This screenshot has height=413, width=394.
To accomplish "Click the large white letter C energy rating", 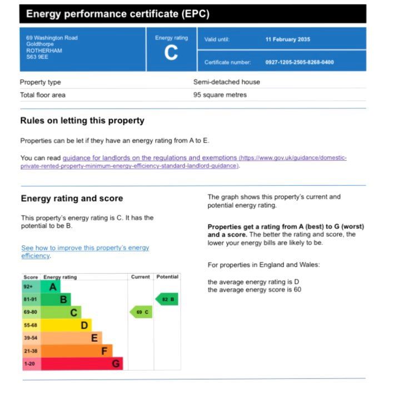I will [x=171, y=53].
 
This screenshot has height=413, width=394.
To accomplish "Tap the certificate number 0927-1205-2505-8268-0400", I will [x=300, y=62].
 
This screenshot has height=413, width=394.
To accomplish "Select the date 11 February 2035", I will [x=288, y=40].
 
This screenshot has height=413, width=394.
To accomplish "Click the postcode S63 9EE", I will [x=37, y=57].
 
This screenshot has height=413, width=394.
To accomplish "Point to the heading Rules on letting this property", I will [x=82, y=121].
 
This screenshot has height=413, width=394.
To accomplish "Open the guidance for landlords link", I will [x=150, y=158].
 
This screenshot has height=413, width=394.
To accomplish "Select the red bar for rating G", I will [x=81, y=363].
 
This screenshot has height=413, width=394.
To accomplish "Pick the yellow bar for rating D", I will [x=66, y=325].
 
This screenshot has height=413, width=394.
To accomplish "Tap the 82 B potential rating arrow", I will [x=167, y=299].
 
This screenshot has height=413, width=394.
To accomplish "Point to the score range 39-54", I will [x=31, y=338].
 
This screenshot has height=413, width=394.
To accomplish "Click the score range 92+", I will [x=28, y=287].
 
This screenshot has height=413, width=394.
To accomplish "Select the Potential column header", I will [x=167, y=277].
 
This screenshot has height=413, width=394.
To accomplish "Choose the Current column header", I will [x=140, y=277].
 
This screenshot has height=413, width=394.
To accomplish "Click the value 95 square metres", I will [x=220, y=95].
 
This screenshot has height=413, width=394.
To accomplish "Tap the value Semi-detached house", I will [x=226, y=82].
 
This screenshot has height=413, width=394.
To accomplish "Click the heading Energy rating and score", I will [x=72, y=199].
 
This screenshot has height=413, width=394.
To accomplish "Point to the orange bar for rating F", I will [x=76, y=351].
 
